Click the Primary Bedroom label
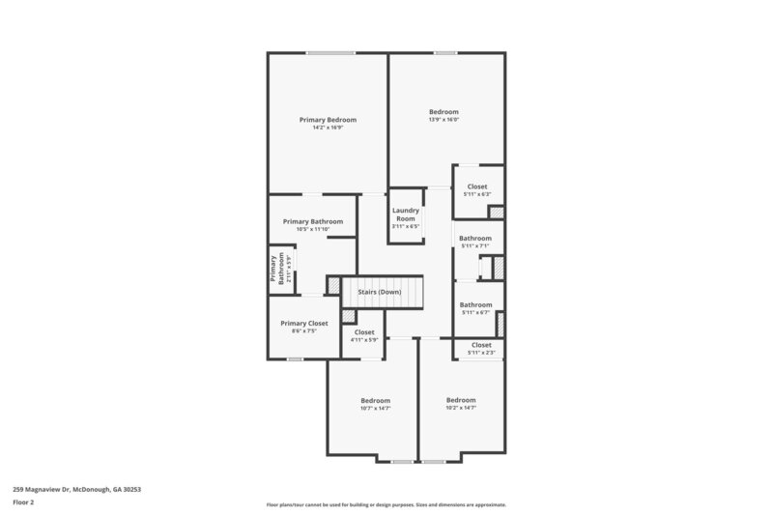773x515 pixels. (328, 120)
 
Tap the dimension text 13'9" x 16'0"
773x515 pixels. (444, 120)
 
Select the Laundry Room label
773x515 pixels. (405, 215)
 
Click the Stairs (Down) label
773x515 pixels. (379, 292)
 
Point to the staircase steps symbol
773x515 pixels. (406, 292)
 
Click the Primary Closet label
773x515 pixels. (304, 323)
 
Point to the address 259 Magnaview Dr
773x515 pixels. (76, 489)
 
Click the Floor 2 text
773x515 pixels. (24, 502)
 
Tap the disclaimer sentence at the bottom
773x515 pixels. (386, 504)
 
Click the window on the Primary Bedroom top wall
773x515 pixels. (329, 52)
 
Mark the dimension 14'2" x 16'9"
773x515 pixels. (328, 128)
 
